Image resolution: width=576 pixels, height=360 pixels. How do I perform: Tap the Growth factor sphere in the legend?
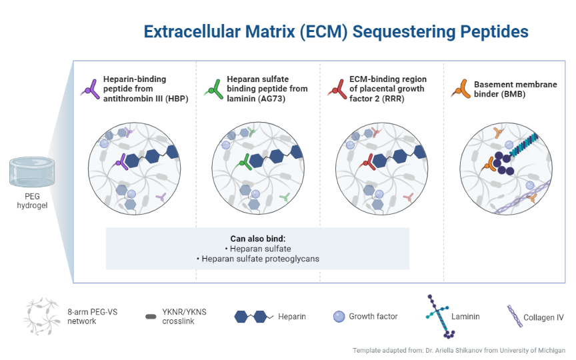tap(339, 316)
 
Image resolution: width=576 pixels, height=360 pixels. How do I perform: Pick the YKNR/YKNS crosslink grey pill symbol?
tap(151, 316)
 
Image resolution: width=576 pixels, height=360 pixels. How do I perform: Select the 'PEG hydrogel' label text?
tap(32, 201)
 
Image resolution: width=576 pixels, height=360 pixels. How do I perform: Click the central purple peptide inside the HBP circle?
tap(120, 160)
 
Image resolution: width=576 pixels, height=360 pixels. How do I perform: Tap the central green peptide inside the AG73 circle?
tap(244, 160)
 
